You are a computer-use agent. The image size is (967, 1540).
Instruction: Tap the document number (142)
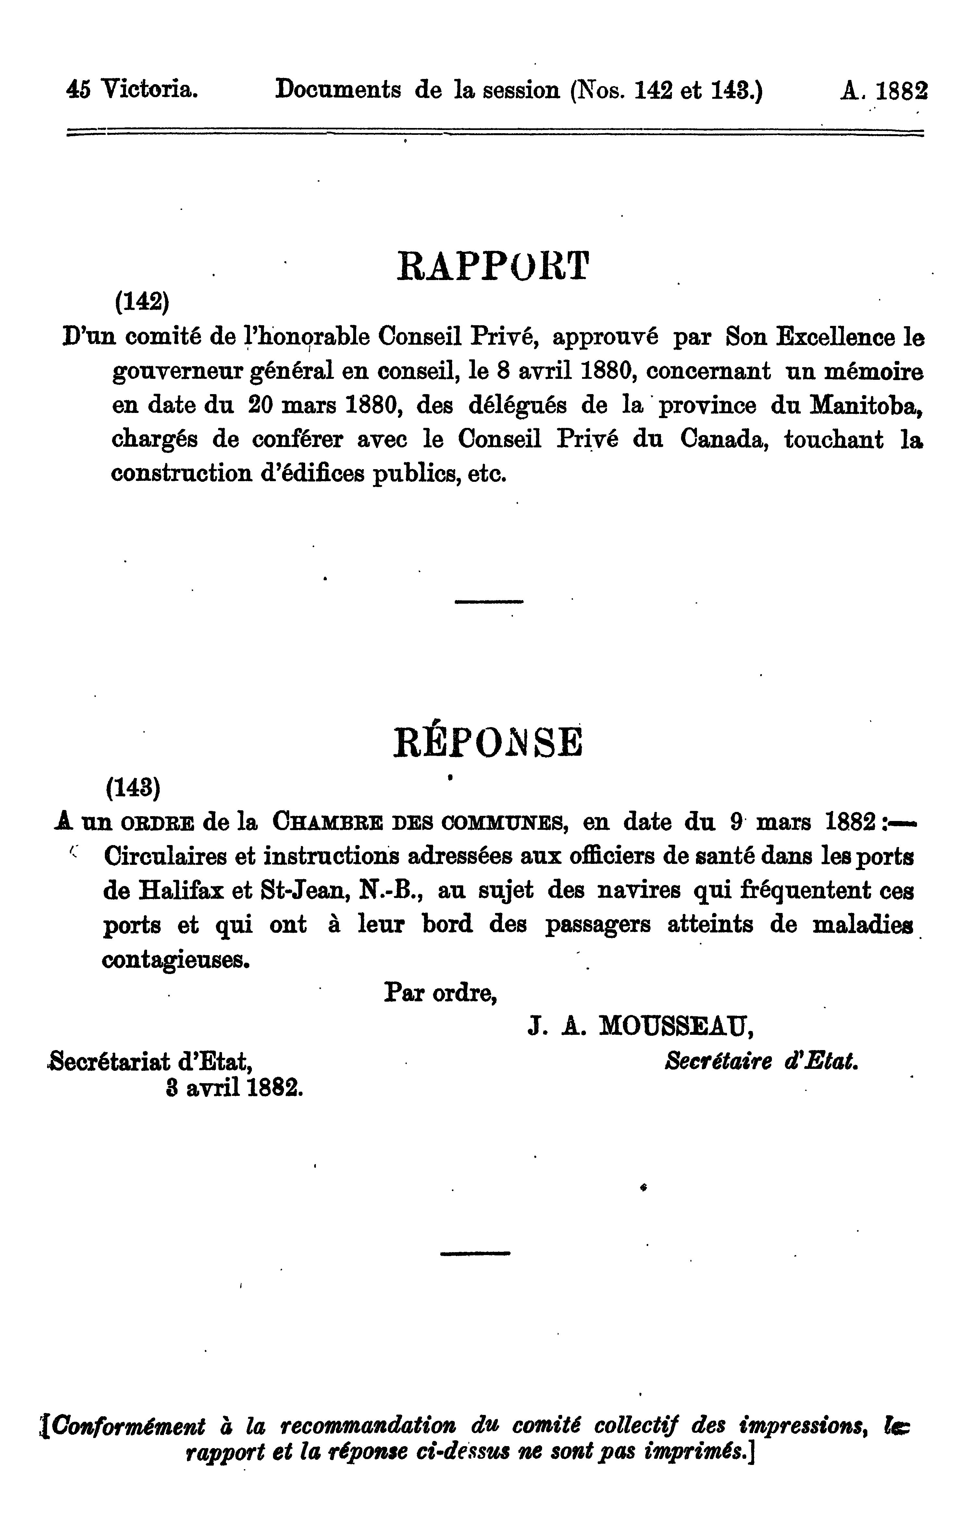142,301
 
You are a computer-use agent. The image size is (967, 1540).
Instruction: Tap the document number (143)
133,788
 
